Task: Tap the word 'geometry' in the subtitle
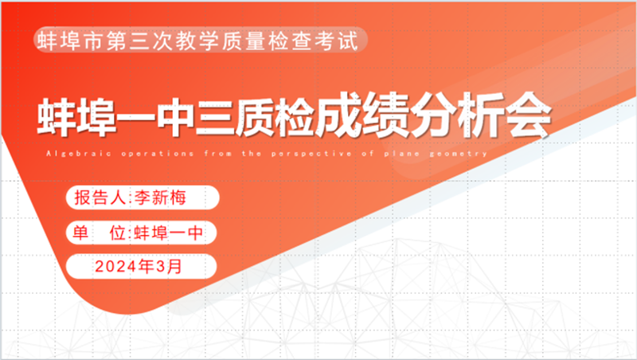459,154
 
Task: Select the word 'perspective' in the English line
311,154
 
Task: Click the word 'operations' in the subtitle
157,154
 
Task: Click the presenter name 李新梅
160,198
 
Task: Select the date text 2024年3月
138,267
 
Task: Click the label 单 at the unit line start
80,233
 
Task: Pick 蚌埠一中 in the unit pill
168,233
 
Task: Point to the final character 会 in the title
527,115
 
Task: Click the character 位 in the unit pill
118,233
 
